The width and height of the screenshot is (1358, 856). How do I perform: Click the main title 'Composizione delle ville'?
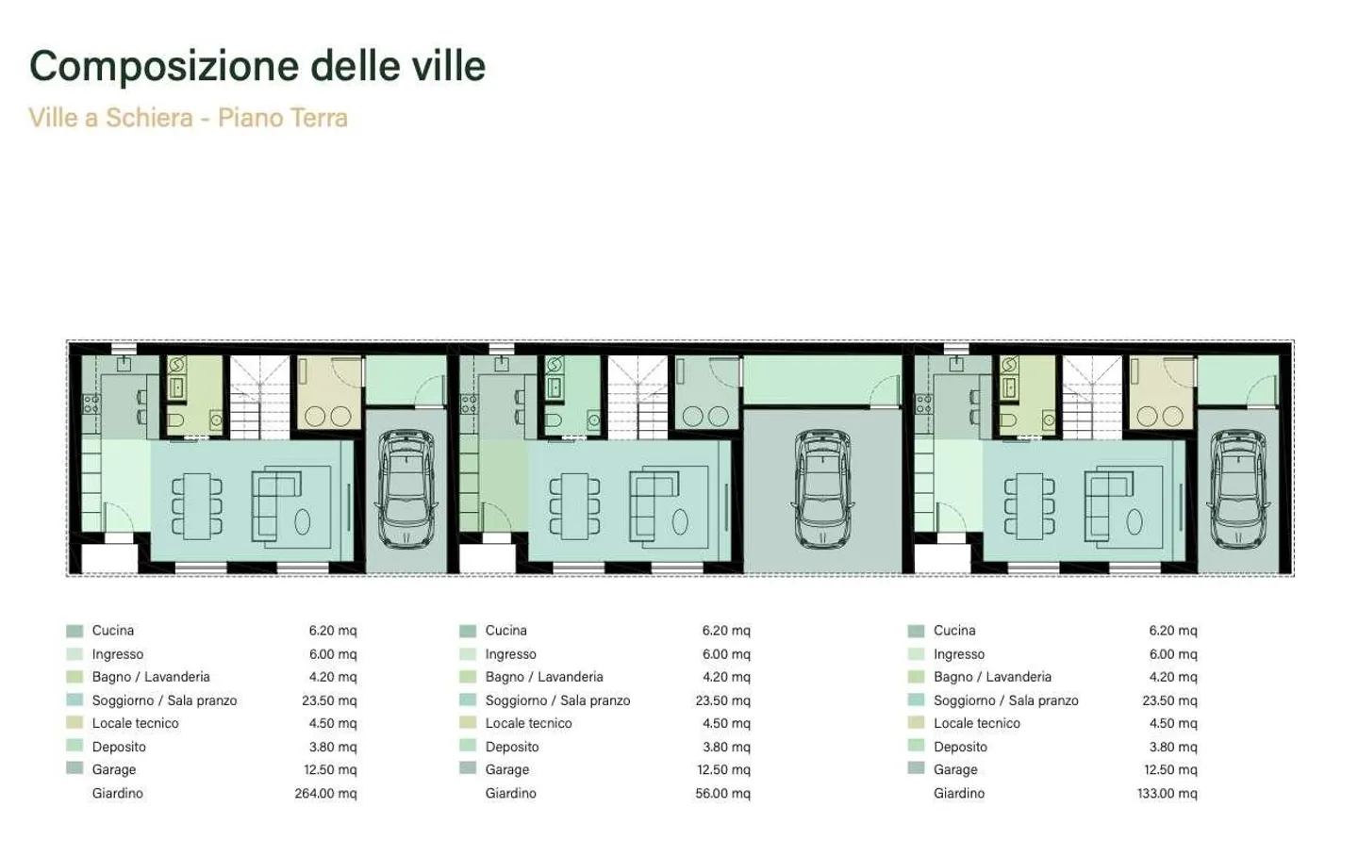tap(257, 66)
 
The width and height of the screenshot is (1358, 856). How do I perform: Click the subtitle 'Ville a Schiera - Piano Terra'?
tap(188, 118)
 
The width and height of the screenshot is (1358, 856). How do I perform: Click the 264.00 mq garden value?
tap(325, 793)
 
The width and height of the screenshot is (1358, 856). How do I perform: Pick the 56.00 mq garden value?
tap(722, 793)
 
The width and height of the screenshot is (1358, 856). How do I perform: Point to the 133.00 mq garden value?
tap(1167, 793)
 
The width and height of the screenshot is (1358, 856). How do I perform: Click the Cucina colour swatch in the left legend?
tap(75, 631)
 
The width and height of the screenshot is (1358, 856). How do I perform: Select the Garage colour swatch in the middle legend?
tap(468, 769)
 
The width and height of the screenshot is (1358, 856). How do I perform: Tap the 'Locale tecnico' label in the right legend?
tap(976, 723)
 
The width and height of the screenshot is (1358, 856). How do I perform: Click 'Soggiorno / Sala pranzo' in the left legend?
tap(164, 700)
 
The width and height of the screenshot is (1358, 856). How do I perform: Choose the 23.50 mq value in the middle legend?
tap(722, 700)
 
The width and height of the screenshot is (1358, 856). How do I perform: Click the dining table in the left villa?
tap(197, 506)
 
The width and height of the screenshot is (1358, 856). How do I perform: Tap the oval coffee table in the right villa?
tap(1134, 521)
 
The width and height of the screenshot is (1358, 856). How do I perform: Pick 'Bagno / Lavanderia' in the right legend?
tap(992, 677)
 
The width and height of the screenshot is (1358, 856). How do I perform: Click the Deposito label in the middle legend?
tap(512, 747)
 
